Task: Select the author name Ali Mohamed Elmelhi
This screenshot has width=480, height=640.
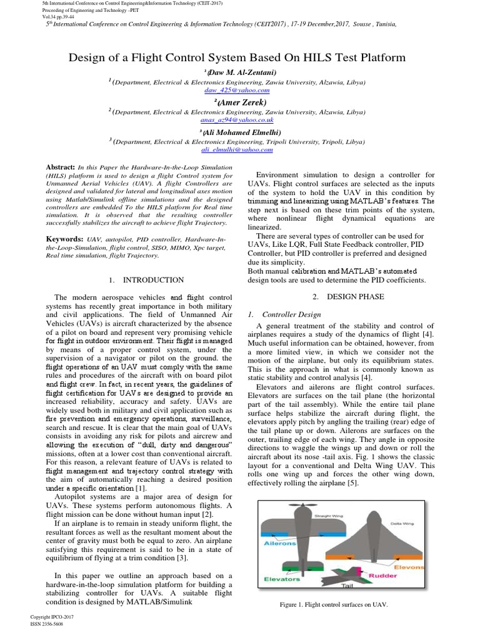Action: pyautogui.click(x=241, y=132)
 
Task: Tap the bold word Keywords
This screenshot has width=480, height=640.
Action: pyautogui.click(x=64, y=239)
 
